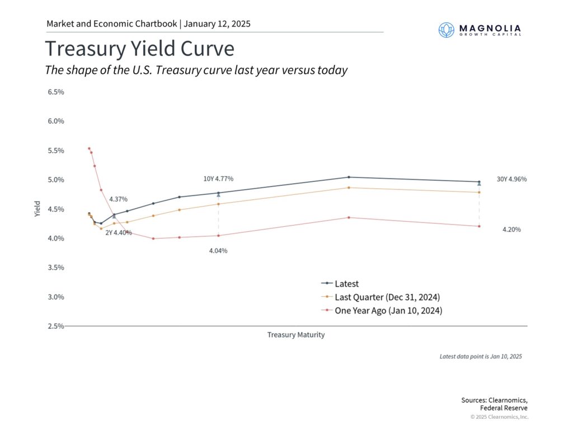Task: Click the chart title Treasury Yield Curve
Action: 139,49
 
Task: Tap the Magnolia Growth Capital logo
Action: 480,30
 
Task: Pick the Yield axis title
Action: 37,209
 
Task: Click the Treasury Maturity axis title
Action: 295,335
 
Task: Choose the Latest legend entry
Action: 346,284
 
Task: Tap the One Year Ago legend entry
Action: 388,310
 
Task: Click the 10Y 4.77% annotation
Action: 218,179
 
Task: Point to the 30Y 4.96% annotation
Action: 511,179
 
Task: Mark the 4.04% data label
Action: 218,251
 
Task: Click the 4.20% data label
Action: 511,230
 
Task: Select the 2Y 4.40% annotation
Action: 119,232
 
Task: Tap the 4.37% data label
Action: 118,199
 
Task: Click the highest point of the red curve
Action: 89,148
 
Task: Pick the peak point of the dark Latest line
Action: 349,177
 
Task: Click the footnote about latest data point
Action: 480,356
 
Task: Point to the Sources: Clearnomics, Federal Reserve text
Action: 494,404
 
